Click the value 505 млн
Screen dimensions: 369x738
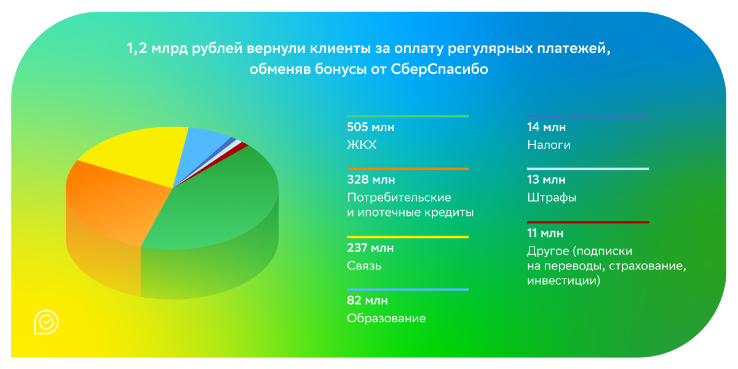pyautogui.click(x=370, y=127)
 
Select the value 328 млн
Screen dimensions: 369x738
pyautogui.click(x=371, y=180)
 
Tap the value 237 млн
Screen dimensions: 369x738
pyautogui.click(x=370, y=248)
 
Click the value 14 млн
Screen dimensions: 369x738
pyautogui.click(x=546, y=127)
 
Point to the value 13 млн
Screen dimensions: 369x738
pyautogui.click(x=546, y=180)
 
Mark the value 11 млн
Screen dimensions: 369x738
pyautogui.click(x=546, y=233)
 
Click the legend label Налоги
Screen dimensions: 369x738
pyautogui.click(x=549, y=145)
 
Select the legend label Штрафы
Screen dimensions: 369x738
pyautogui.click(x=551, y=198)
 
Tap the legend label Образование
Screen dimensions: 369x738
pyautogui.click(x=386, y=319)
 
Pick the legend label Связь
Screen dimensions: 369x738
pyautogui.click(x=364, y=266)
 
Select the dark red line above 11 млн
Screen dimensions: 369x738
pyautogui.click(x=587, y=222)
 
